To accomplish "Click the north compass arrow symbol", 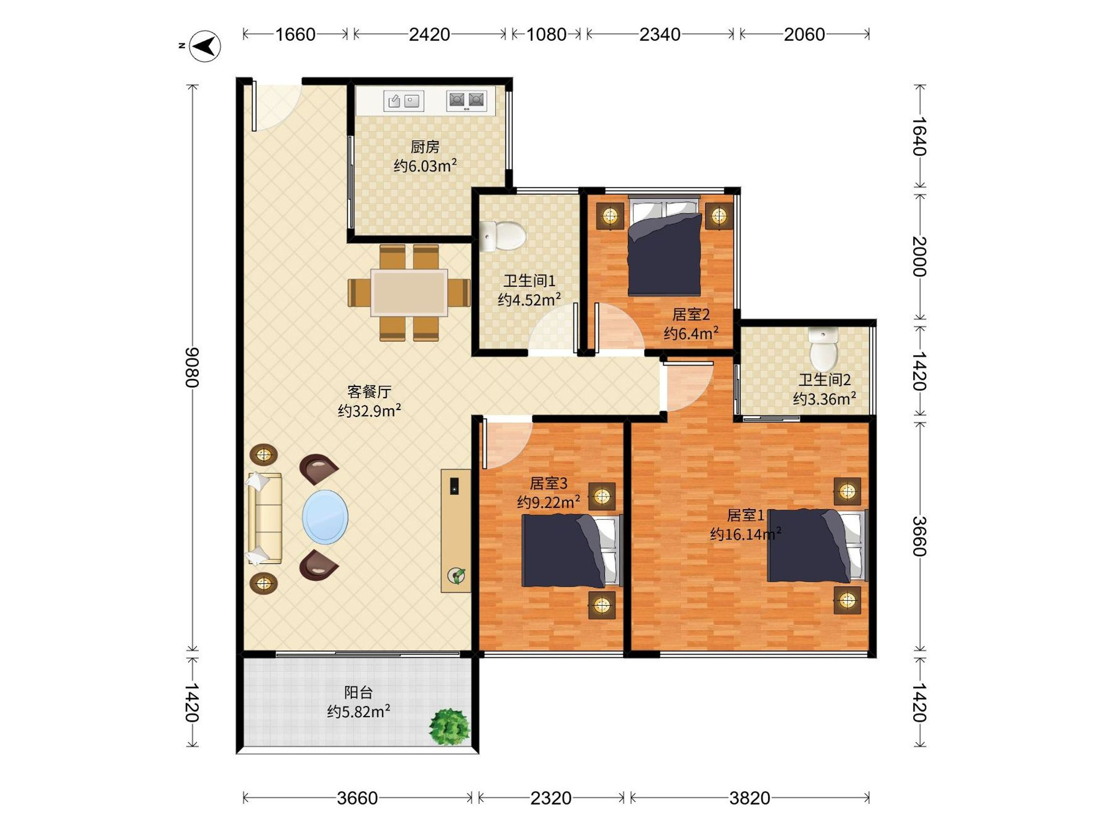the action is point(205,47).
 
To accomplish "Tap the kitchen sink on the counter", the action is point(403,101).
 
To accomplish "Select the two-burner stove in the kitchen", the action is point(466,101).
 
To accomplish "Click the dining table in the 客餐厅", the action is point(409,293).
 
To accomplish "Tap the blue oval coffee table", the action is point(325,517).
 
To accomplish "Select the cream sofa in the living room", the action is point(265,518).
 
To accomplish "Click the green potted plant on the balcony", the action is point(449,726).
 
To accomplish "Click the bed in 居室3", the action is point(572,551).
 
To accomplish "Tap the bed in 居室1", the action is point(818,546).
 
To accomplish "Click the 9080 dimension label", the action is point(193,367).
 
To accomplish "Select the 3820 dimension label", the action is point(749,797).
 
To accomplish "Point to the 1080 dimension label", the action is point(547,35).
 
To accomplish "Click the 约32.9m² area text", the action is point(370,411).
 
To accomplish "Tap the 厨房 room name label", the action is point(425,147).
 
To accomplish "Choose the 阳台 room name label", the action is point(359,693).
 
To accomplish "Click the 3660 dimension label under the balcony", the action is point(357,797).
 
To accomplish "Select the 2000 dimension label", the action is point(920,257).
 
